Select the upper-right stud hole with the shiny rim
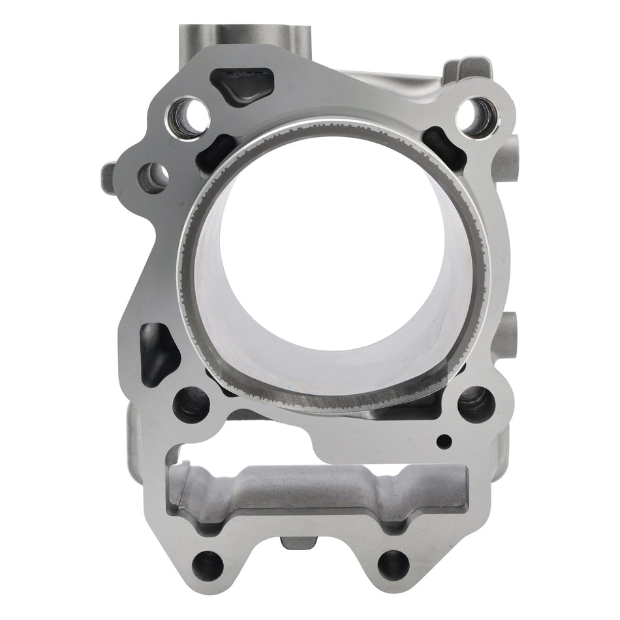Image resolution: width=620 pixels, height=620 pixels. point(476,113)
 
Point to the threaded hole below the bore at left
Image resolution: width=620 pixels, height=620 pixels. point(192,404)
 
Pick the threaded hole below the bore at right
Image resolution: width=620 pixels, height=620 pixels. point(474,402)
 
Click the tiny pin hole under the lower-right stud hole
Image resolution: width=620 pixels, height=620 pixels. point(445,441)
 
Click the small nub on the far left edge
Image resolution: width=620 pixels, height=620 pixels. point(108,174)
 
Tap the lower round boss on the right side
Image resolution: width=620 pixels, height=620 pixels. point(513,326)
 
